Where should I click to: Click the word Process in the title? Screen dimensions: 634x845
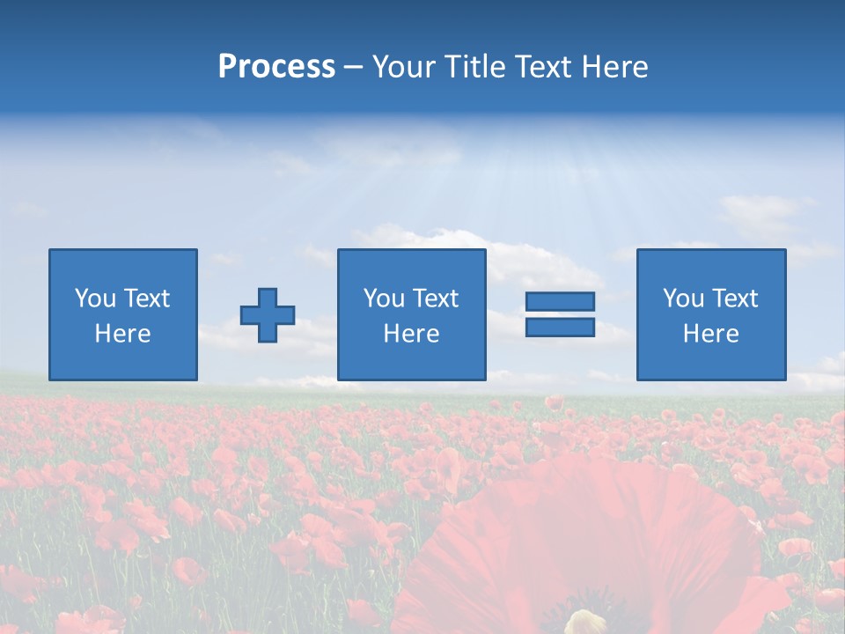coord(276,67)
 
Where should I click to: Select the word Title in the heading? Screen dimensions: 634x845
coord(474,67)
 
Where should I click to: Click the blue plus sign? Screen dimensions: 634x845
coord(268,315)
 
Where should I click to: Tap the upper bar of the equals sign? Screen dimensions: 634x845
coord(560,301)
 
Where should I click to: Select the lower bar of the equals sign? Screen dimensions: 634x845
coord(560,328)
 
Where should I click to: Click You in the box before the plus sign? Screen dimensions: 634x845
coord(94,299)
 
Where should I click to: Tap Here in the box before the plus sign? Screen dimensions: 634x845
coord(122,334)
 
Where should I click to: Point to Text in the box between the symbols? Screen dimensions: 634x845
coord(436,299)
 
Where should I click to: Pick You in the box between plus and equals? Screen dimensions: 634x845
coord(383,299)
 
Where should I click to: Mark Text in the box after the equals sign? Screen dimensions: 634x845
coord(735,299)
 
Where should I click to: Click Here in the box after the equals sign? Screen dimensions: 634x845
coord(710,334)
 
